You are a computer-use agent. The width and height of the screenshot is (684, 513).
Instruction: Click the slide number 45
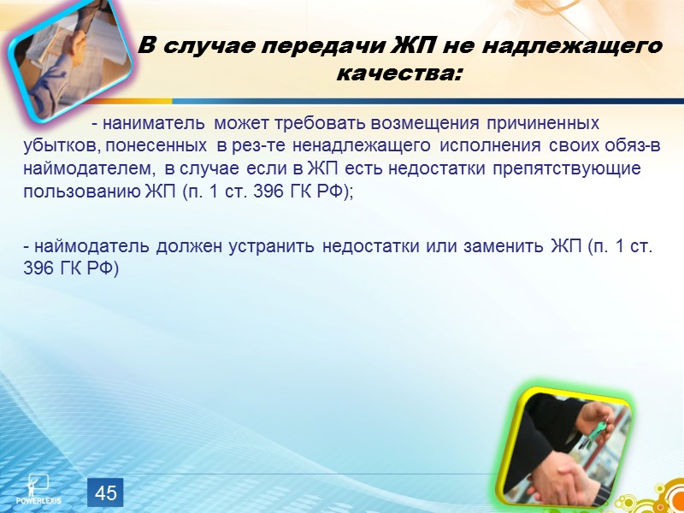point(106,492)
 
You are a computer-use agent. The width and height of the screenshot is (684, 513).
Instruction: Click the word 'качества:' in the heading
point(398,74)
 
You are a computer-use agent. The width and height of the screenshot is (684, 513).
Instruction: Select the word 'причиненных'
point(543,123)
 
